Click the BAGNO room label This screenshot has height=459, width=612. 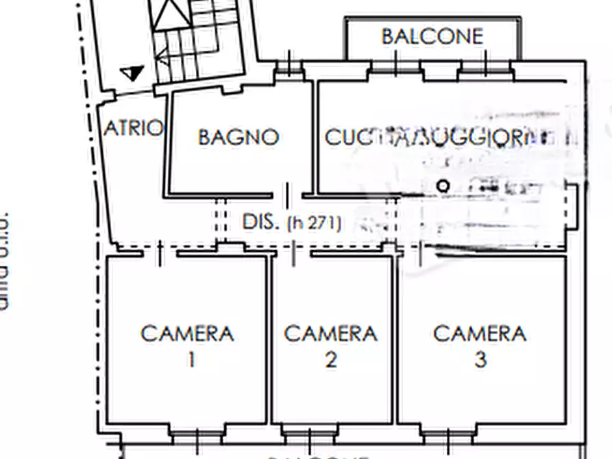[x=238, y=137]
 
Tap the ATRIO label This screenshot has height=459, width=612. [x=134, y=128]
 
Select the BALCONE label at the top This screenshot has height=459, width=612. [x=432, y=36]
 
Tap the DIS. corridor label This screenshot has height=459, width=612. [x=261, y=222]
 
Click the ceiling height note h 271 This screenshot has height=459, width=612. [x=314, y=223]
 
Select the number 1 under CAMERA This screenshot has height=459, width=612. [x=191, y=359]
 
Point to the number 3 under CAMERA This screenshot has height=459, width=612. [x=480, y=359]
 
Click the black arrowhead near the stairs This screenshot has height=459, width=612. [x=132, y=73]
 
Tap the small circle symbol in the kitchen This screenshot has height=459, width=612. [x=443, y=186]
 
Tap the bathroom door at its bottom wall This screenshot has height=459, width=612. [x=287, y=194]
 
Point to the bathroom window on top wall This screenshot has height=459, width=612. [x=289, y=68]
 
